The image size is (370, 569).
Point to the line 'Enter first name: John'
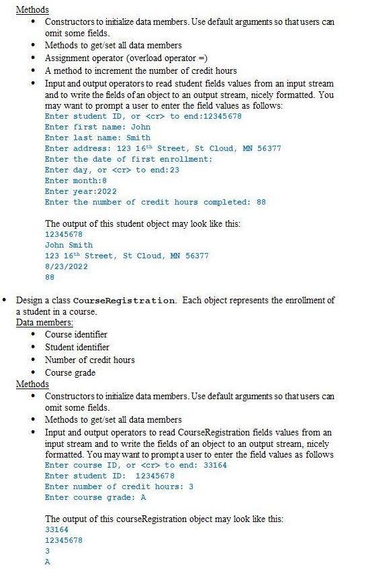coord(97,127)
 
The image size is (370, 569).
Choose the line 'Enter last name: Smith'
coord(97,138)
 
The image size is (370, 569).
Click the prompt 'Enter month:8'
coord(76,180)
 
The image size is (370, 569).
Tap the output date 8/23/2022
coord(66,266)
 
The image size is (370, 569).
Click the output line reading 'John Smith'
coord(68,245)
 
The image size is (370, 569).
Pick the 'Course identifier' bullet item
coord(76,334)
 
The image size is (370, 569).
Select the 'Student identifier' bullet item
coord(77,347)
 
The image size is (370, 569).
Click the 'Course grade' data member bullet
coord(70,372)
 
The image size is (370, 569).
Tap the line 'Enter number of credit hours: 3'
coord(119,486)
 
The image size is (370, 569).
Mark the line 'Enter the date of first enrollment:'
coord(128,159)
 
